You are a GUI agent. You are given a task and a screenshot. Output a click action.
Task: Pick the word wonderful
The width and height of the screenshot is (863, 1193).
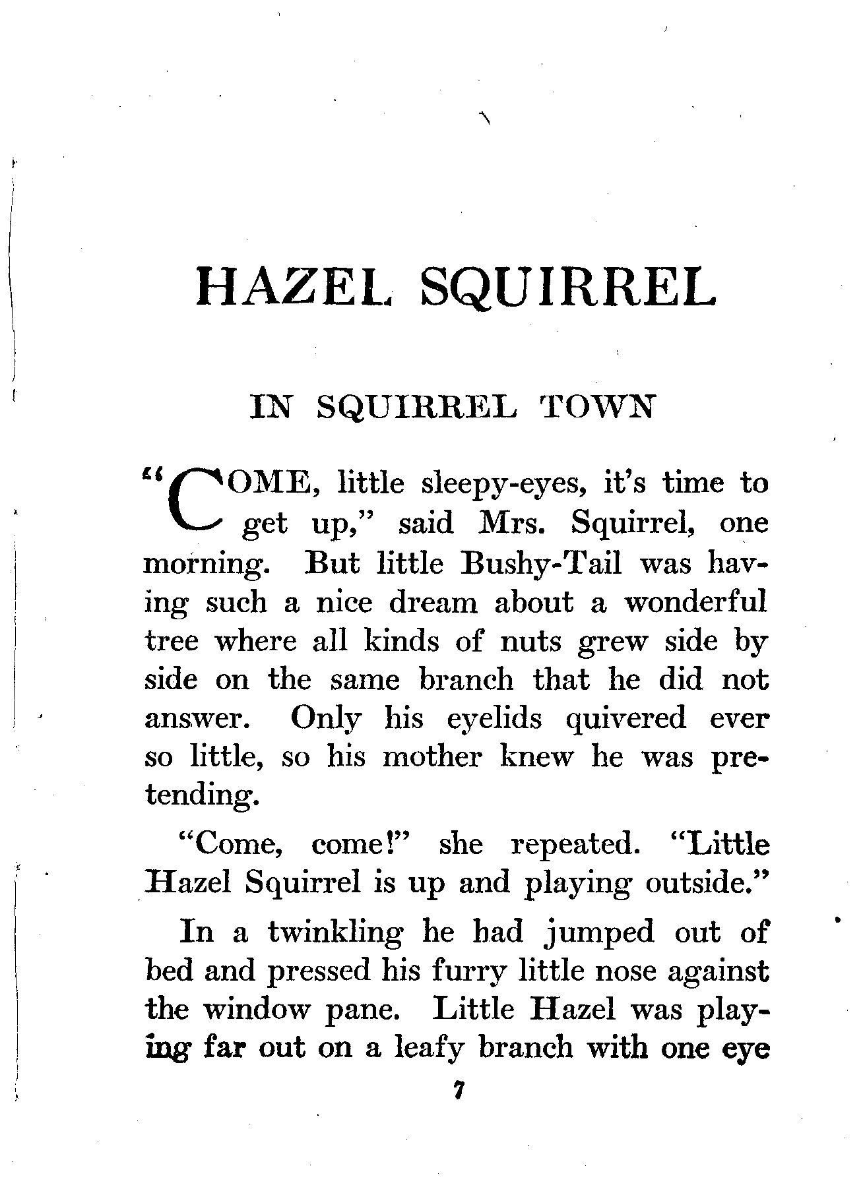695,603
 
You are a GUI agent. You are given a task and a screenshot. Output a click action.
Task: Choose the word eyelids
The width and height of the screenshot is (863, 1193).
494,719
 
